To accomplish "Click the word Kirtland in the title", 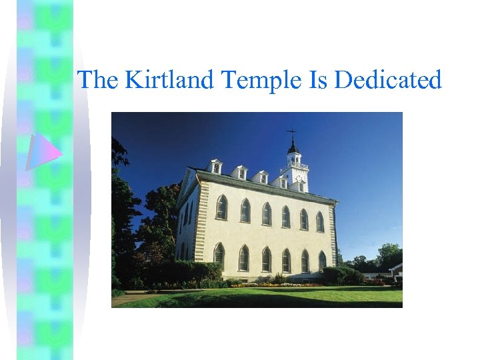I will pyautogui.click(x=170, y=80).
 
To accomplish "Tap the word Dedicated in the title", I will pyautogui.click(x=388, y=80).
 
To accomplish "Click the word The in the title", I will pyautogui.click(x=99, y=80).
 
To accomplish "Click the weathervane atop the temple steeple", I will pyautogui.click(x=291, y=133).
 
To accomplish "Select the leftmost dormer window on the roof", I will pyautogui.click(x=215, y=167).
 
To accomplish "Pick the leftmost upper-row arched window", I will pyautogui.click(x=221, y=207).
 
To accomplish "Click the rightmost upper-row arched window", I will pyautogui.click(x=320, y=221).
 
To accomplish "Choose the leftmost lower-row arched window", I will pyautogui.click(x=219, y=255).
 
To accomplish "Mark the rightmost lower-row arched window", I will pyautogui.click(x=322, y=261).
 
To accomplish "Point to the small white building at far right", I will pyautogui.click(x=396, y=271).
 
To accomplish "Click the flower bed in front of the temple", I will pyautogui.click(x=280, y=284).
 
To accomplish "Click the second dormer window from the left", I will pyautogui.click(x=240, y=172).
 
